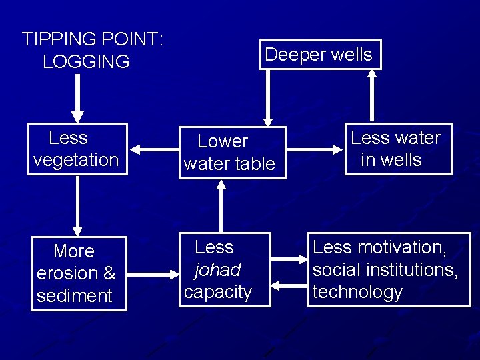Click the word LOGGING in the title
coord(86,62)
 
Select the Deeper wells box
coord(319,55)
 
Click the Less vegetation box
coord(77,149)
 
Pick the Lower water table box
coord(229,153)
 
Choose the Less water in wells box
coord(397,149)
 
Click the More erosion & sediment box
coord(77,273)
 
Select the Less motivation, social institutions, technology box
coord(389,270)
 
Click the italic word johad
coord(217,270)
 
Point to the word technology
coord(358,293)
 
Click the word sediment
coord(75,296)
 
